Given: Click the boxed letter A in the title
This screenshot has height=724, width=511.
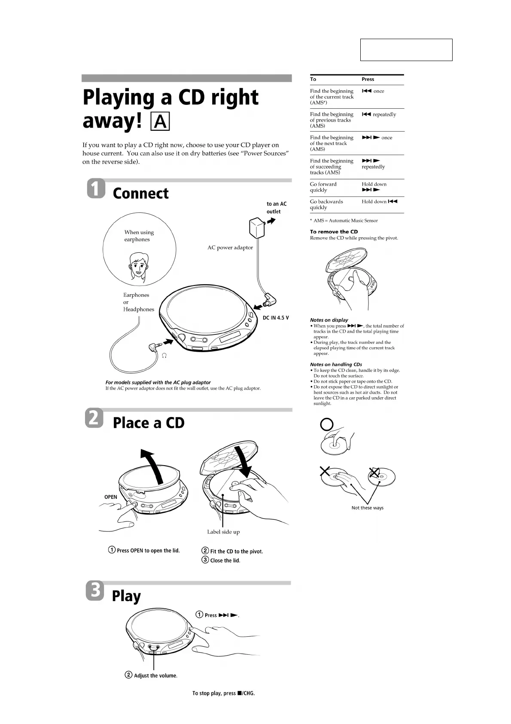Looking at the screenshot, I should click(x=161, y=122).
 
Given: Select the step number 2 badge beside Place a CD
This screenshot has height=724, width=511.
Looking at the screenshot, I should click(x=95, y=418).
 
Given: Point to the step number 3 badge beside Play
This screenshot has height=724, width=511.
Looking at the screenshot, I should click(x=95, y=590).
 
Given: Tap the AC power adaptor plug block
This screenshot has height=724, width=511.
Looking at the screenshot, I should click(x=257, y=228).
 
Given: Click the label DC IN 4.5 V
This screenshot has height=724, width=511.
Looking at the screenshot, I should click(x=276, y=318).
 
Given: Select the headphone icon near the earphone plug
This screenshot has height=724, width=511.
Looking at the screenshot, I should click(x=164, y=356).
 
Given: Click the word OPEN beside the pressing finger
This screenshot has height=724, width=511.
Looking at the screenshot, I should click(x=111, y=497).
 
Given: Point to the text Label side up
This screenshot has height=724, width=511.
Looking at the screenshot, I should click(x=223, y=532).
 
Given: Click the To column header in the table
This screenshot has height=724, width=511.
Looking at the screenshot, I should click(x=313, y=79).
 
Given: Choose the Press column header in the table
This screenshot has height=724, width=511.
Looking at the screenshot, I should click(x=368, y=79).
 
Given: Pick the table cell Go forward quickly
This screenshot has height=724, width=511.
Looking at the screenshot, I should click(x=323, y=187).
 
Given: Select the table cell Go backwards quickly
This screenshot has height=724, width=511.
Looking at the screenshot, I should click(x=326, y=204).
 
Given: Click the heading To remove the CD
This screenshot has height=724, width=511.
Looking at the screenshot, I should click(x=334, y=232).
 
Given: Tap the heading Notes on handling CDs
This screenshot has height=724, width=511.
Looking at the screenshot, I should click(x=336, y=365).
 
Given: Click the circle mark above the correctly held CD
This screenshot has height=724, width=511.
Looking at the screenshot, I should click(x=327, y=425).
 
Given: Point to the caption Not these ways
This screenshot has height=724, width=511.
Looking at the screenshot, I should click(x=367, y=508).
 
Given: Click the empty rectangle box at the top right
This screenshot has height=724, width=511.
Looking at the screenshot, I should click(x=406, y=50).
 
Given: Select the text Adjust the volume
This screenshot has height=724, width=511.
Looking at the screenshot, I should click(x=155, y=675).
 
